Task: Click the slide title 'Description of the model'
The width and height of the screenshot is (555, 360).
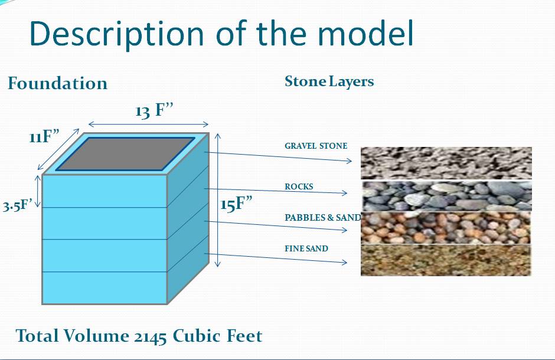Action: (x=221, y=34)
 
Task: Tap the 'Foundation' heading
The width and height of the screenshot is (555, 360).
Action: (x=57, y=83)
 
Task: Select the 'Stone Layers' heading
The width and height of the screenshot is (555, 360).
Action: (x=329, y=81)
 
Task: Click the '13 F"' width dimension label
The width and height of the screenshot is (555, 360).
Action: (x=154, y=111)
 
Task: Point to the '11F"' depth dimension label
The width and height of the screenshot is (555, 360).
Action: (x=44, y=136)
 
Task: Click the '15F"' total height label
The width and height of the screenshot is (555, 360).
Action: (x=236, y=204)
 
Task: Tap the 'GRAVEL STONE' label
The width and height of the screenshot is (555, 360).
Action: (x=316, y=146)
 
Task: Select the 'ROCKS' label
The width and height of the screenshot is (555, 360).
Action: (x=299, y=186)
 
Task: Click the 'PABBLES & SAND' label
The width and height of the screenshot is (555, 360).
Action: (x=322, y=218)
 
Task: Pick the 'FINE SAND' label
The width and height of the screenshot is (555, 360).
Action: (x=306, y=248)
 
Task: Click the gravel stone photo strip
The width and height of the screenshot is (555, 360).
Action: (x=446, y=163)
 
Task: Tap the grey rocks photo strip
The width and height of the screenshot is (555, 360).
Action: (x=446, y=196)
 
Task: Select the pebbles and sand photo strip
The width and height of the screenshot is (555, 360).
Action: (x=446, y=228)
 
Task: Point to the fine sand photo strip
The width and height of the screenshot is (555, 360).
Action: (x=446, y=260)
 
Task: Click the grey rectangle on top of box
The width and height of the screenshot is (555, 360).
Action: (x=125, y=154)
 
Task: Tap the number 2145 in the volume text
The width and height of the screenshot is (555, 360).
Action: (x=151, y=336)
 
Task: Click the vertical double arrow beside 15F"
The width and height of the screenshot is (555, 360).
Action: (x=218, y=200)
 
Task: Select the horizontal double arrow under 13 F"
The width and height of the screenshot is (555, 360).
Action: (x=148, y=124)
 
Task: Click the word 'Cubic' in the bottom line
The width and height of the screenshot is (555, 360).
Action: (x=197, y=335)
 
